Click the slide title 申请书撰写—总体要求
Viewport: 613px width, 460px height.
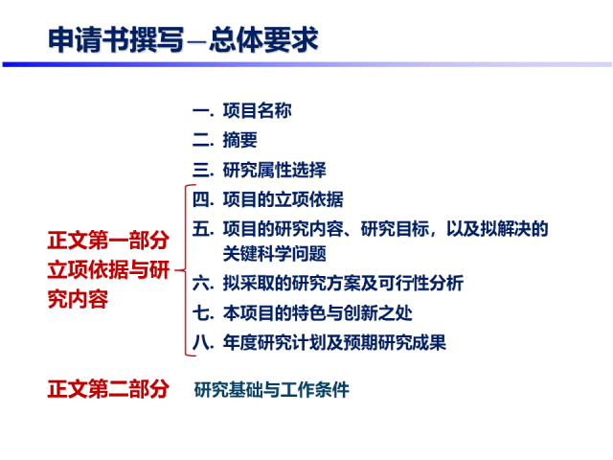pos(183,39)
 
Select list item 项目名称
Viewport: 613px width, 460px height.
pos(257,110)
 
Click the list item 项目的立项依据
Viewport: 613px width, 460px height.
pos(283,199)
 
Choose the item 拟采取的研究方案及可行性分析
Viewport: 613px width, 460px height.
pos(342,283)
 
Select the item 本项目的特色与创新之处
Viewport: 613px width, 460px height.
pos(317,312)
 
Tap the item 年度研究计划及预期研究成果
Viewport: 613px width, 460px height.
pos(333,342)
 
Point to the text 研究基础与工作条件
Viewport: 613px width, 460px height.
pos(272,390)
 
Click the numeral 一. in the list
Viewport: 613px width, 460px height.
pos(202,110)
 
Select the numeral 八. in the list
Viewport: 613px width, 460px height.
pos(202,342)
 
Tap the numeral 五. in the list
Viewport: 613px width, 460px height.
pos(202,229)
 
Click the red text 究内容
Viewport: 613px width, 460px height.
pos(79,299)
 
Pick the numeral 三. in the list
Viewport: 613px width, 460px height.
pos(202,170)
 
